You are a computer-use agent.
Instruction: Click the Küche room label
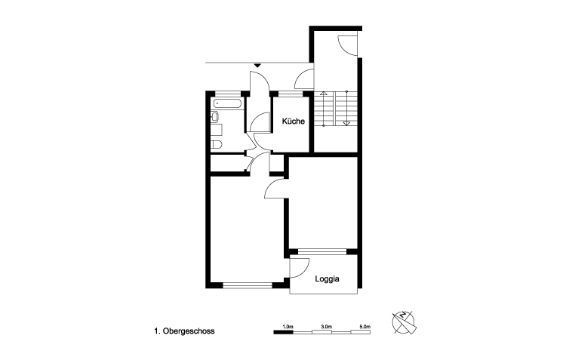click(x=293, y=122)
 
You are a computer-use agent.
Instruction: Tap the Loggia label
click(x=327, y=279)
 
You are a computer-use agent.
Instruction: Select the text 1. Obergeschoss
click(x=184, y=331)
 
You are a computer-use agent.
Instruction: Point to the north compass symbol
click(x=404, y=322)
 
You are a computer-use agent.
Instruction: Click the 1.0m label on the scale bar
click(x=288, y=327)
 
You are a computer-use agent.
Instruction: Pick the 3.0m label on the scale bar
click(x=326, y=327)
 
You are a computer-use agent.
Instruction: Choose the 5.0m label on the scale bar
click(x=365, y=327)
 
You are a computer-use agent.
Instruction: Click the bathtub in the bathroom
click(x=228, y=103)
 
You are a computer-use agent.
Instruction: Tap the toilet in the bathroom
click(x=216, y=144)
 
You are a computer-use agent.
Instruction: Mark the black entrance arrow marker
click(x=257, y=65)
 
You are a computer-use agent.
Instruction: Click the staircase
click(x=335, y=109)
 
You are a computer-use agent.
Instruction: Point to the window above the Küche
click(x=291, y=94)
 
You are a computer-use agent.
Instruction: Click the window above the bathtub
click(x=228, y=94)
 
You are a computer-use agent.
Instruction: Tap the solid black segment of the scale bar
click(x=283, y=332)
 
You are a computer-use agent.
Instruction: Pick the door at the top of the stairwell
click(x=347, y=45)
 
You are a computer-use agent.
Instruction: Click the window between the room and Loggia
click(x=322, y=251)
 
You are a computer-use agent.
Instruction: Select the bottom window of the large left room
click(x=248, y=285)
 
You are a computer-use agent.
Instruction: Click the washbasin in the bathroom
click(x=215, y=116)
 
